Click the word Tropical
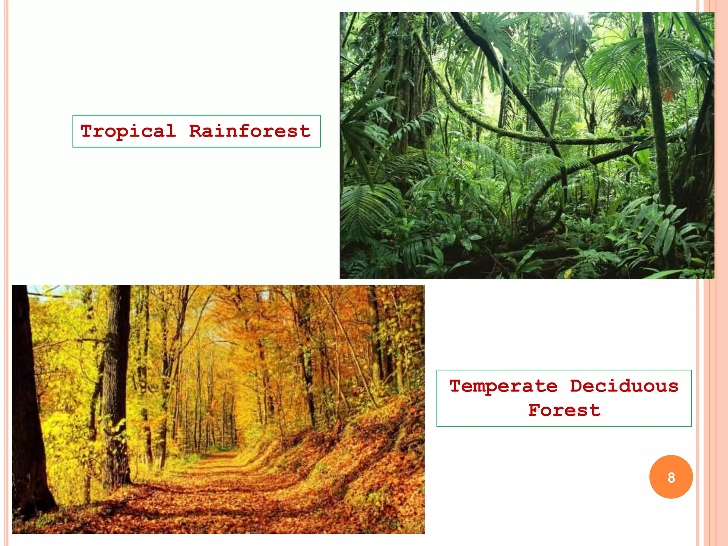click(x=128, y=132)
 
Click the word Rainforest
click(x=250, y=132)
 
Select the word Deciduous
click(x=624, y=386)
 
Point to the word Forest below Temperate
click(x=564, y=411)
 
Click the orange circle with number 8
click(x=671, y=477)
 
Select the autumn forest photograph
click(x=218, y=409)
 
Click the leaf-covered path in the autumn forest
click(x=213, y=491)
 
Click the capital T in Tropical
click(x=87, y=131)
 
